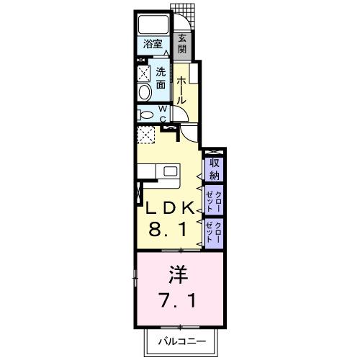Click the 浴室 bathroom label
(151, 43)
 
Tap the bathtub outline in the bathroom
(153, 23)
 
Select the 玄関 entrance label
(182, 44)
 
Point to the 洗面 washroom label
(161, 78)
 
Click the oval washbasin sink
(143, 91)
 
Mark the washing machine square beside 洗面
(143, 73)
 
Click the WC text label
(163, 114)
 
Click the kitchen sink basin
(170, 171)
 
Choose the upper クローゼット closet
(214, 199)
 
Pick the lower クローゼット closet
(214, 233)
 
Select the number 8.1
(169, 232)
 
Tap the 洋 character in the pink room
(179, 276)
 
